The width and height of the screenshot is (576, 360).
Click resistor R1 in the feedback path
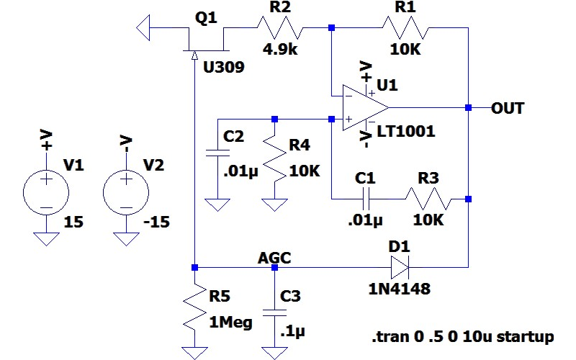(x=405, y=29)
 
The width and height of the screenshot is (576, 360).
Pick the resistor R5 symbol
(x=194, y=306)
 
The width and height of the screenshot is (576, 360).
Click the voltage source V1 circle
(x=47, y=191)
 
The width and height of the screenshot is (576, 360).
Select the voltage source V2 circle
(x=126, y=191)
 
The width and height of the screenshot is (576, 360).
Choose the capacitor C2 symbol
(x=214, y=153)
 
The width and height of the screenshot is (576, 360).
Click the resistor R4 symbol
(x=274, y=160)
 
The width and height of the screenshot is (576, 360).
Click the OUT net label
(x=507, y=109)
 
